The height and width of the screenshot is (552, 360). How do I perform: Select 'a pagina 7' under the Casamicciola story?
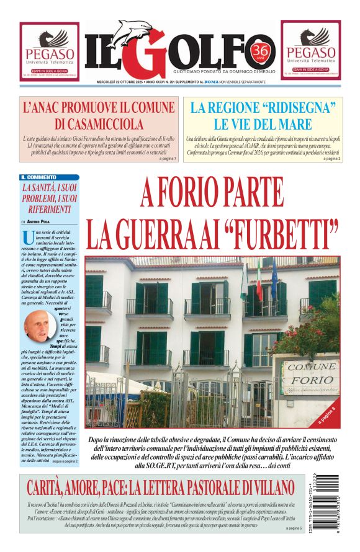168,159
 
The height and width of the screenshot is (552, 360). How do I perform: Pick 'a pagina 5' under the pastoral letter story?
294,528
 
